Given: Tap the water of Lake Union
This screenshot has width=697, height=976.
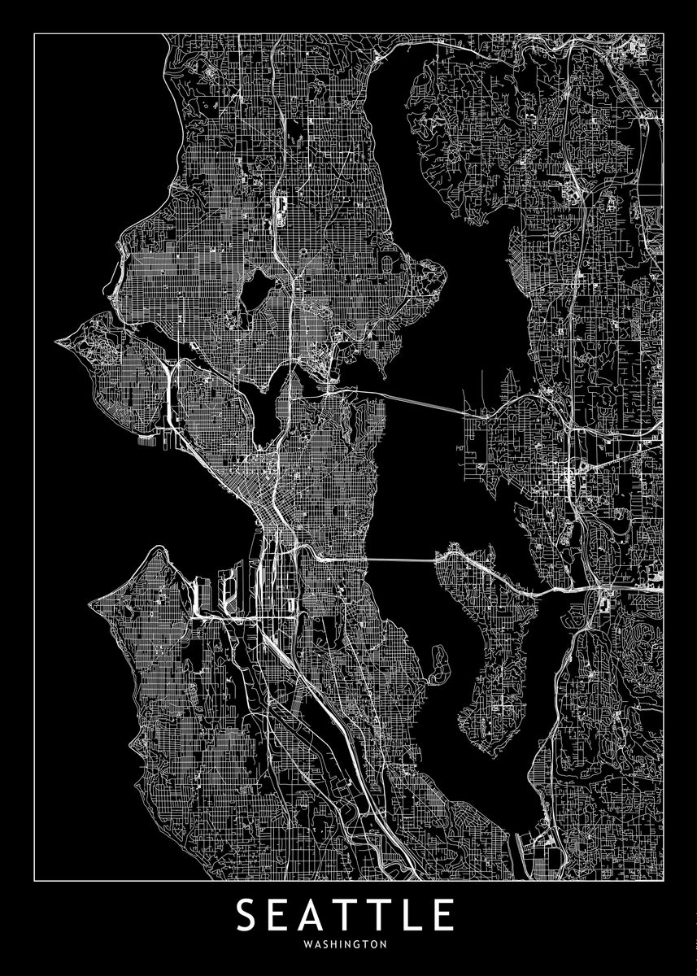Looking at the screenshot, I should click(x=268, y=407).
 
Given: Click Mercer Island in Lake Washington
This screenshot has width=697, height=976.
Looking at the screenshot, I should click(x=484, y=643).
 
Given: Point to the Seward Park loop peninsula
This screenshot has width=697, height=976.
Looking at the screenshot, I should click(x=439, y=663).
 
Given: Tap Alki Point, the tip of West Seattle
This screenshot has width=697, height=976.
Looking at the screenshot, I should click(x=91, y=604).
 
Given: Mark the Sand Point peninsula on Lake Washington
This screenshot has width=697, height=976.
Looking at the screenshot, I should click(x=427, y=277).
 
